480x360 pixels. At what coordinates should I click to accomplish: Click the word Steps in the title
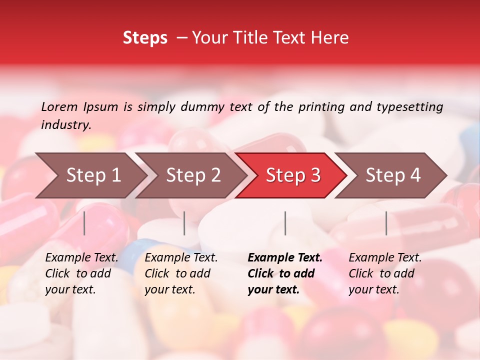point(145,38)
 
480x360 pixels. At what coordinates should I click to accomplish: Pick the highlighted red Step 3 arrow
point(292,175)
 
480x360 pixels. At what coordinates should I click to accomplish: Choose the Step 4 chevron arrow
point(392,175)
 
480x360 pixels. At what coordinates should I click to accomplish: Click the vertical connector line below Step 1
point(84,223)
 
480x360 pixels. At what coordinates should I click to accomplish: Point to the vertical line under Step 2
point(184,223)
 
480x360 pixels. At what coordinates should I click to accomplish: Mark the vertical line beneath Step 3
point(285,223)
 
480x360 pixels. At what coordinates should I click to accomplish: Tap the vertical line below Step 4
point(386,223)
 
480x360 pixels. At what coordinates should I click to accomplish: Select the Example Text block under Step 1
point(81,273)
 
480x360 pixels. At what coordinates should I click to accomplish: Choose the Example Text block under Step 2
point(181,273)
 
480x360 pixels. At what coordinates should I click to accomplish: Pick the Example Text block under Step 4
point(385,273)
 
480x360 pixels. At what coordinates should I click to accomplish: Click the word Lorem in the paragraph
point(59,107)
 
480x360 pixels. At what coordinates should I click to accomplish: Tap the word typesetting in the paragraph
point(409,107)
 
